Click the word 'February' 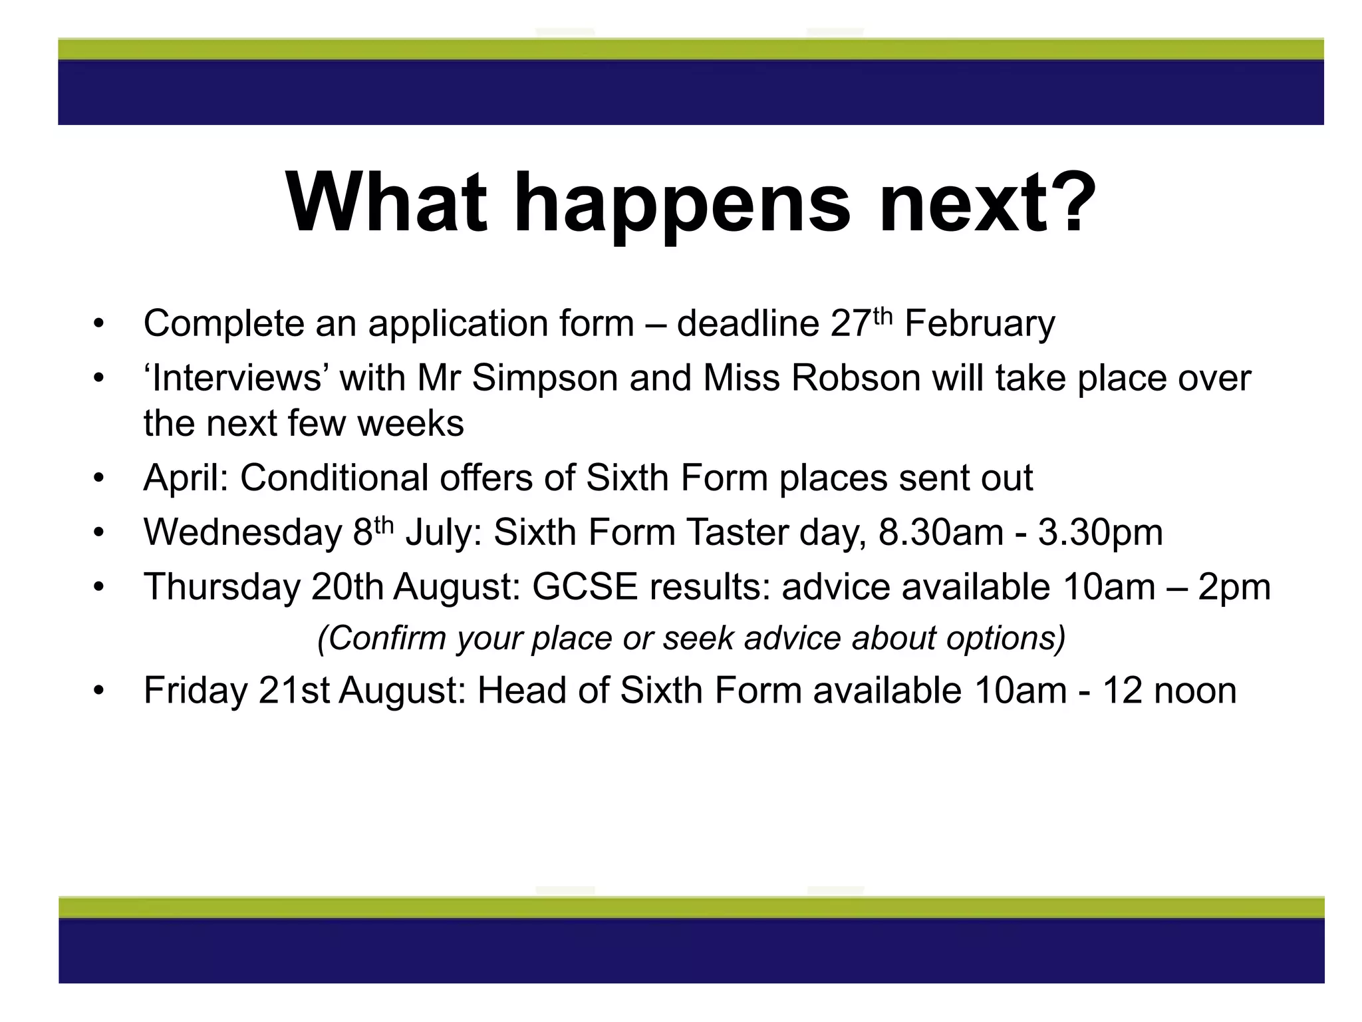point(980,325)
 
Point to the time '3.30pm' point(1100,532)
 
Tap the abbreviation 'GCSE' point(585,587)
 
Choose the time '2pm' point(1234,587)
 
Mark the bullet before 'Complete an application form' point(99,325)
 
